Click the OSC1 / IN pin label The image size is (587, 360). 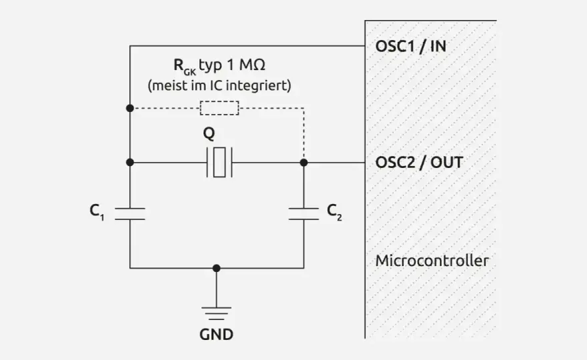411,47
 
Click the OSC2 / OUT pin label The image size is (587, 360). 420,163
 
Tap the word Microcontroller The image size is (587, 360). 432,261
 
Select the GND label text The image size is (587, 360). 216,334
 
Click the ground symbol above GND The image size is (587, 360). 216,313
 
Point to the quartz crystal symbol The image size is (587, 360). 219,162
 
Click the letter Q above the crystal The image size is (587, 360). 209,133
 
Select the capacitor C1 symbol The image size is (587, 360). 130,214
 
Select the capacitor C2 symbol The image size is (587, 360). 304,214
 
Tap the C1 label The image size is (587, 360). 97,212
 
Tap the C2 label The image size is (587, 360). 334,212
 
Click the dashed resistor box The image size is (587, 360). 219,108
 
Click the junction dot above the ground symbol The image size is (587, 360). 216,268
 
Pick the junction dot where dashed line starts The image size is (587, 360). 130,108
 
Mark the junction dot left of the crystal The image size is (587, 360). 130,162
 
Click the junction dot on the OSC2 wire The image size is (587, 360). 304,163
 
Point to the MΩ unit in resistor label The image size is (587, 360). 252,65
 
